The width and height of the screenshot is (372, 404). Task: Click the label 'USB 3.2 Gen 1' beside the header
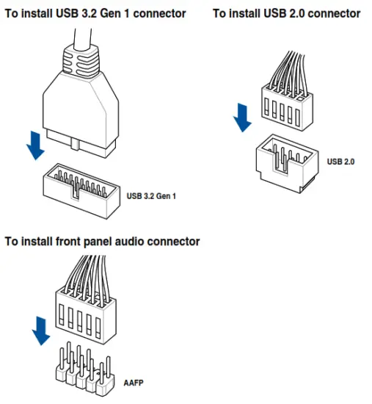[x=151, y=196]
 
